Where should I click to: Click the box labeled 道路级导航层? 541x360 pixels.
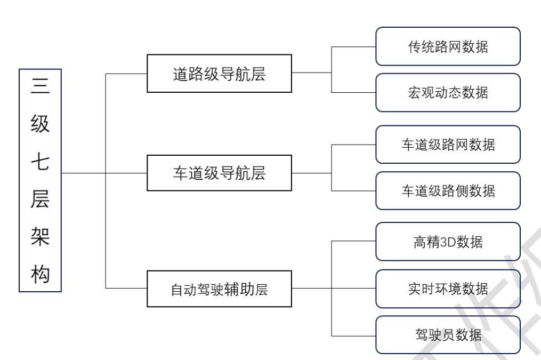219,73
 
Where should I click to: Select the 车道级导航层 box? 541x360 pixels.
219,173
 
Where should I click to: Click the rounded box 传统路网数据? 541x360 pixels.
448,46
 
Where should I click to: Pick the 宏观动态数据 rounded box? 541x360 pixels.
448,92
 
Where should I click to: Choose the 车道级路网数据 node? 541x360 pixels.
448,145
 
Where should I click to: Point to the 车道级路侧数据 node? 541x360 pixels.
448,190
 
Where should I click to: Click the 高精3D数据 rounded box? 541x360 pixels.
448,242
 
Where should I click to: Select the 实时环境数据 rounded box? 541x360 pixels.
448,289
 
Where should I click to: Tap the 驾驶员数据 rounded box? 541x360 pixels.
448,335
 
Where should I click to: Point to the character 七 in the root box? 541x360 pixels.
41,161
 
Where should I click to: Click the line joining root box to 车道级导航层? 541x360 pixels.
104,173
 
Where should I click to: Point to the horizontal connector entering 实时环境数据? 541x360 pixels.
354,289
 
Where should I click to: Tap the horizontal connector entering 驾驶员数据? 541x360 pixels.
354,335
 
